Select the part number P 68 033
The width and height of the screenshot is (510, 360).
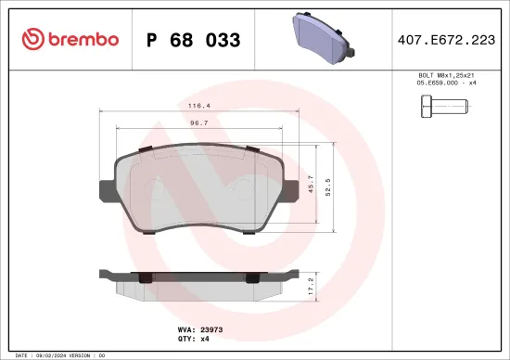coord(194,40)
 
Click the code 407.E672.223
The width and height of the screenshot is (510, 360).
coord(447,40)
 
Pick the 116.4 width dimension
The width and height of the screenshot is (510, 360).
coord(196,107)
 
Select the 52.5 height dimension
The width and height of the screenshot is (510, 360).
coord(328,187)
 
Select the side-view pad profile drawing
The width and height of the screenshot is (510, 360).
coord(199,282)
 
